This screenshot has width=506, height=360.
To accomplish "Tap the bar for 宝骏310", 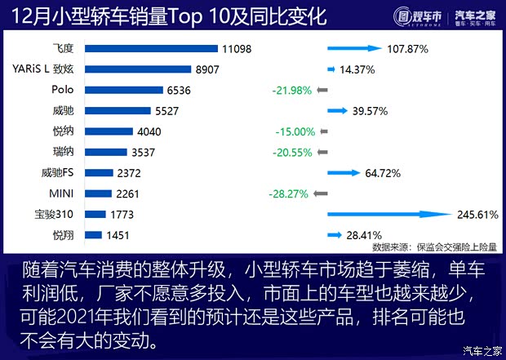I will tap(95, 215).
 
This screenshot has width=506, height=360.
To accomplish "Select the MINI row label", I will tap(63, 193).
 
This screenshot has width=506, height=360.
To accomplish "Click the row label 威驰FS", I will tap(58, 173).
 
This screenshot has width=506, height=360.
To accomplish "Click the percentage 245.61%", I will tap(477, 215).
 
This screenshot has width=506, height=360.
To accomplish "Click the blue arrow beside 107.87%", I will tap(354, 49).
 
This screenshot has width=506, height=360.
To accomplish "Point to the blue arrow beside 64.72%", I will tap(343, 173).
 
